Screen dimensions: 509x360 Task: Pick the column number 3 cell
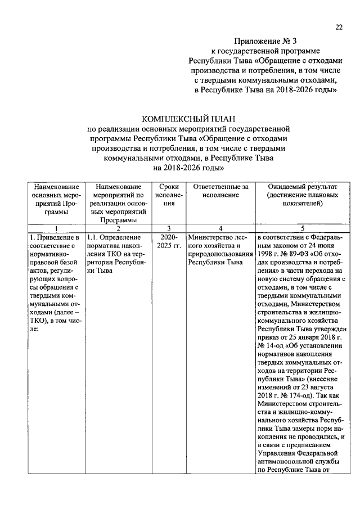click(x=169, y=228)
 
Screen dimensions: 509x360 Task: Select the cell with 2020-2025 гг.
click(x=169, y=242)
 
